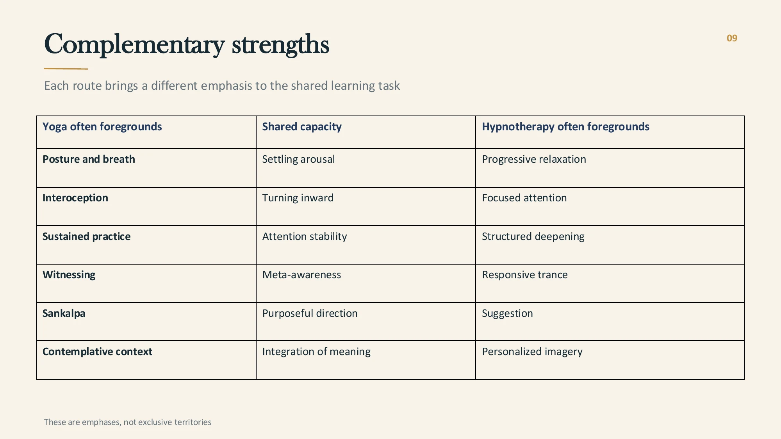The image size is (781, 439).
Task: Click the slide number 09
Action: tap(732, 38)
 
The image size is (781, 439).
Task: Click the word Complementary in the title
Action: tap(134, 44)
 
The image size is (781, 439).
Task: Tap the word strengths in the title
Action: tap(280, 44)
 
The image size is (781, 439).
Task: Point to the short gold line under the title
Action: tap(66, 69)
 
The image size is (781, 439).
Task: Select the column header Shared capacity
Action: tap(302, 127)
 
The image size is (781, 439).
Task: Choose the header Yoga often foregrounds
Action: tap(102, 127)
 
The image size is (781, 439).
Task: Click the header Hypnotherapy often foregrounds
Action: tap(565, 127)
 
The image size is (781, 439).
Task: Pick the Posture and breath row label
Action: tap(89, 159)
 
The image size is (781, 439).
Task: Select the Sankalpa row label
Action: tap(64, 313)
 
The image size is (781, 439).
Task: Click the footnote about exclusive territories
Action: tap(127, 422)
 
